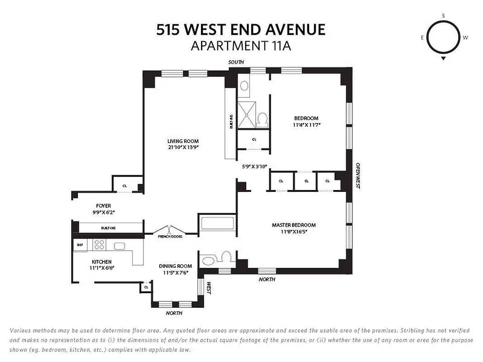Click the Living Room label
(x=183, y=141)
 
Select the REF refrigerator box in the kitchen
(x=80, y=245)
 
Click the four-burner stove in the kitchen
(x=99, y=245)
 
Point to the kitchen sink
(x=120, y=246)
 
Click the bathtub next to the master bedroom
(x=217, y=223)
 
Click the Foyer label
(x=103, y=206)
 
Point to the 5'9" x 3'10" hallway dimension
(x=254, y=167)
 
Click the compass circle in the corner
(x=443, y=38)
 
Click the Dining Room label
(x=175, y=266)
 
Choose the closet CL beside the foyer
(x=124, y=186)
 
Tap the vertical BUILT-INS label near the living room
(x=231, y=122)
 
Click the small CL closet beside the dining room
(x=146, y=287)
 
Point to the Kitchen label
(x=101, y=262)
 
